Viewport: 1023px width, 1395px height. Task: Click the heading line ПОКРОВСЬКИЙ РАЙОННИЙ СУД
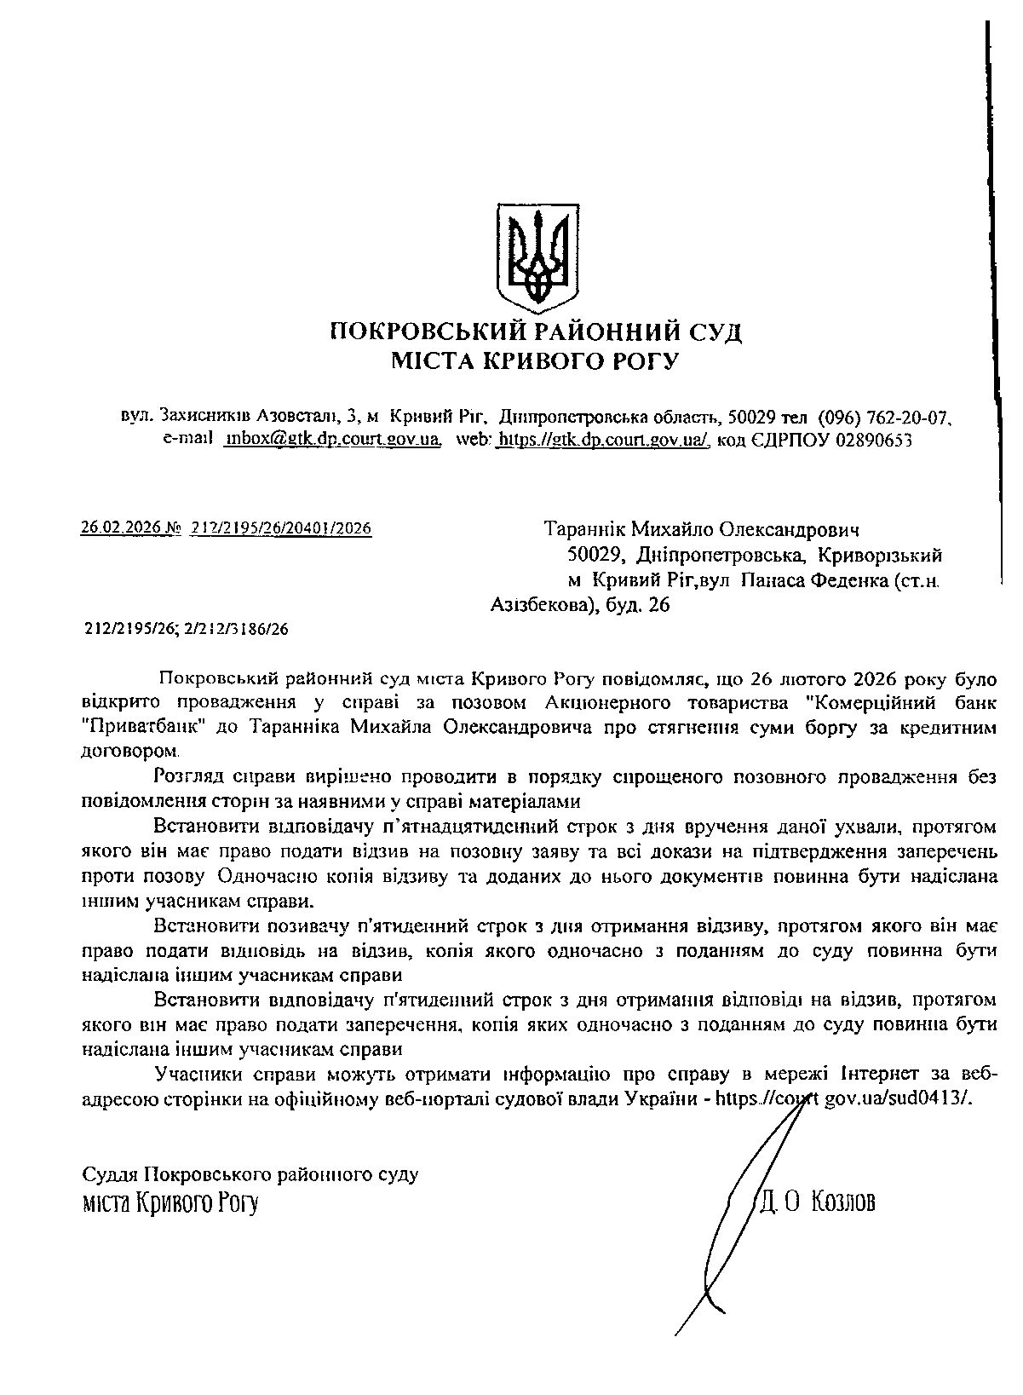click(x=536, y=331)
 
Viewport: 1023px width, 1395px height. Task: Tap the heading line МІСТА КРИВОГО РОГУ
click(x=535, y=361)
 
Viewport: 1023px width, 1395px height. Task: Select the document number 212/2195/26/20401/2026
click(x=282, y=529)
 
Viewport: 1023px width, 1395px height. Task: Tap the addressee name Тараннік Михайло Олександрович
click(x=702, y=530)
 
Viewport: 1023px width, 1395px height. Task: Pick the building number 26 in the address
click(x=659, y=606)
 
